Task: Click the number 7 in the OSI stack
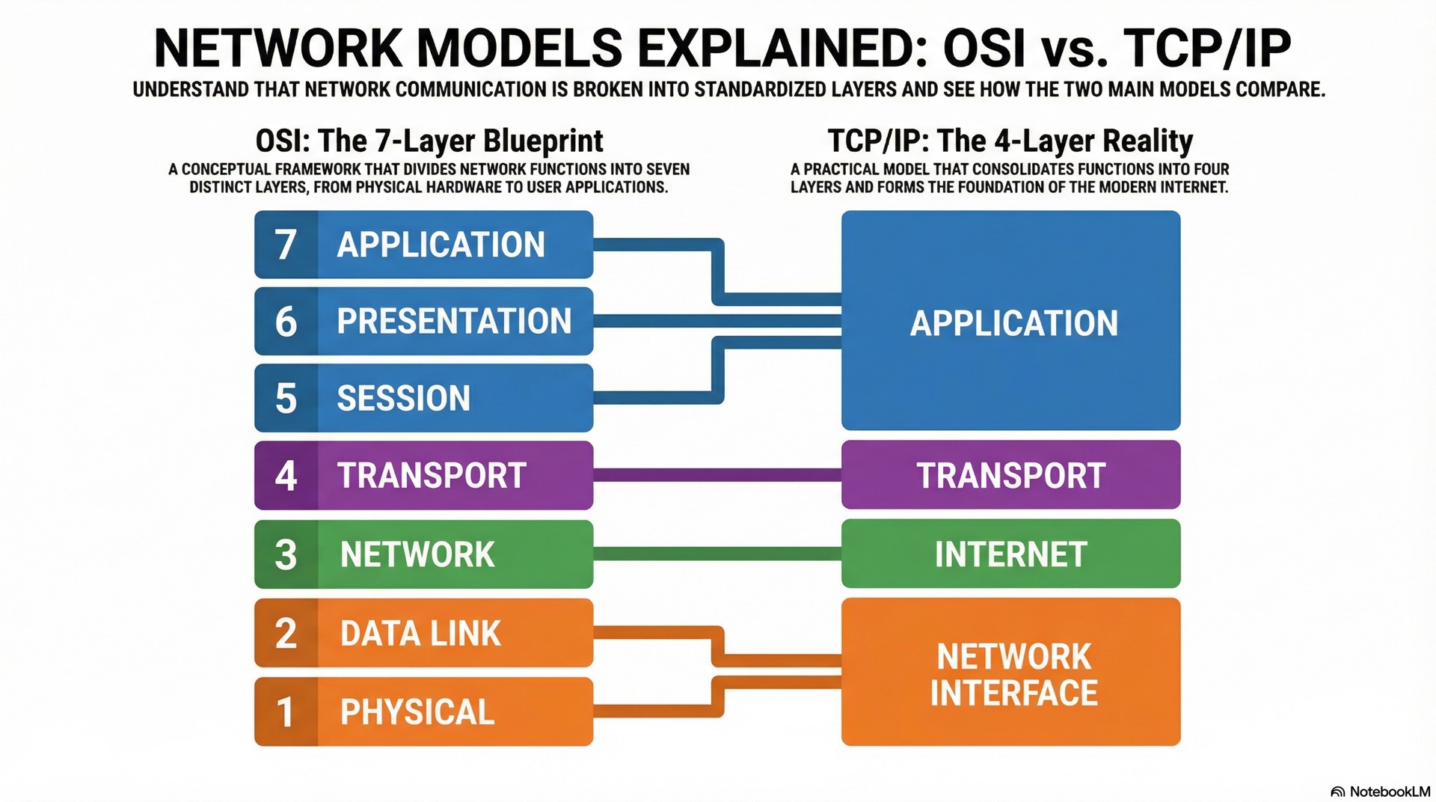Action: pos(285,245)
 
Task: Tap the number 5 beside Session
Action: pos(286,398)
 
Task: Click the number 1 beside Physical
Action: pos(285,711)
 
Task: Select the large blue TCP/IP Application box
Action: pos(1010,322)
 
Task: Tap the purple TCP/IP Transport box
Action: pos(1010,476)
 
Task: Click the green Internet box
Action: pos(1010,554)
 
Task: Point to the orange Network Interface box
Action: pos(1010,673)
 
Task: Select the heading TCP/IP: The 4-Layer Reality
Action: pos(1010,141)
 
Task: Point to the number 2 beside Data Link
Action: pos(286,633)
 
